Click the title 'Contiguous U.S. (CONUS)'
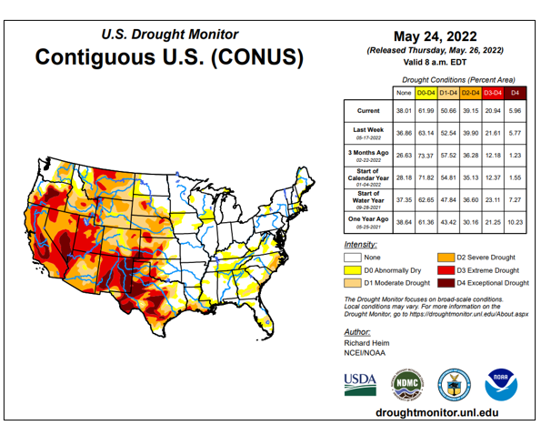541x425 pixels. pyautogui.click(x=168, y=56)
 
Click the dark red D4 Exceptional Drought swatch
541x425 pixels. pyautogui.click(x=446, y=283)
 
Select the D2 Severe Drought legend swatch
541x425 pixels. pyautogui.click(x=446, y=258)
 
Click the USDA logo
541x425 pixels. pyautogui.click(x=359, y=382)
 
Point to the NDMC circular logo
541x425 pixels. pyautogui.click(x=405, y=384)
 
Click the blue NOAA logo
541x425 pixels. pyautogui.click(x=501, y=384)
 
